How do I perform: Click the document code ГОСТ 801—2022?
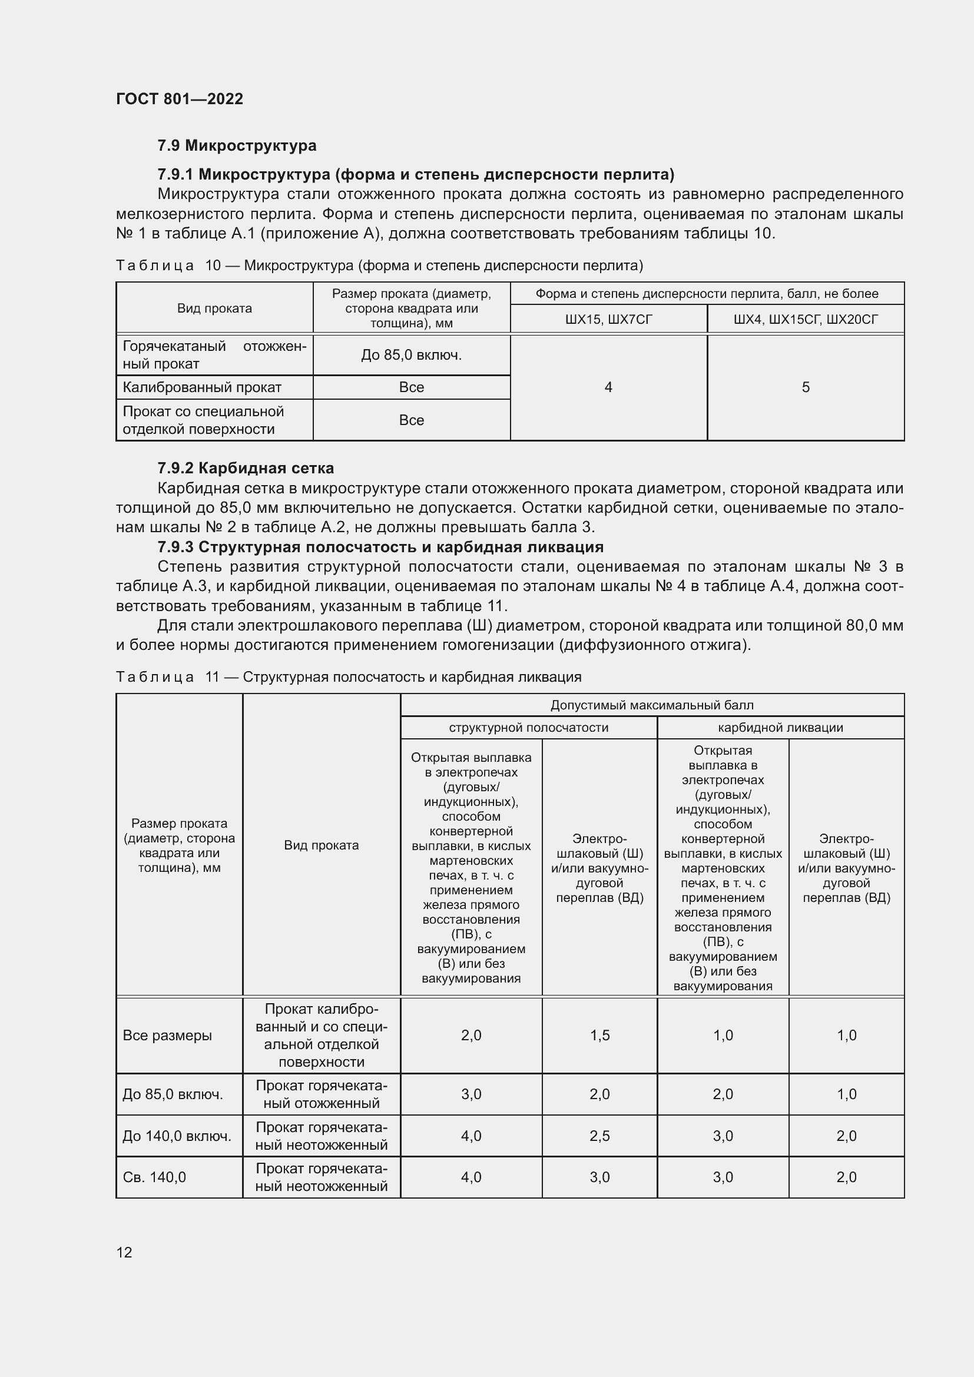pos(180,99)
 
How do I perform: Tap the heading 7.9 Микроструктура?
pos(237,146)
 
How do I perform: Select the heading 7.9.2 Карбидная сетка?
pos(246,468)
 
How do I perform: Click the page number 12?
pos(124,1252)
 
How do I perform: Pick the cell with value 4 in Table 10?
pos(608,387)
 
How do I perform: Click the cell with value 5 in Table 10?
pos(806,387)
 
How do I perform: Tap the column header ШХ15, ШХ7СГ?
pos(608,320)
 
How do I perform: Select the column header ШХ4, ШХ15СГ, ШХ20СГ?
pos(806,320)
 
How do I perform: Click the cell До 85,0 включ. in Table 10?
pos(412,355)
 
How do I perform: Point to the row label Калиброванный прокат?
pos(202,387)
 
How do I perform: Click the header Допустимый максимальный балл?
pos(652,705)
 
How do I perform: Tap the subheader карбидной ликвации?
pos(780,728)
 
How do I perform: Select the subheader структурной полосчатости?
pos(528,728)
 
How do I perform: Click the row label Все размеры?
pos(167,1035)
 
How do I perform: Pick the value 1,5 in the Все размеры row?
pos(599,1035)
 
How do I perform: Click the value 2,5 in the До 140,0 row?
pos(599,1136)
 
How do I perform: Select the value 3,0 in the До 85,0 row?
pos(471,1094)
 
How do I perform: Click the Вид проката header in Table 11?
pos(322,845)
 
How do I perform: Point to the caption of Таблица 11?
pos(348,677)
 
